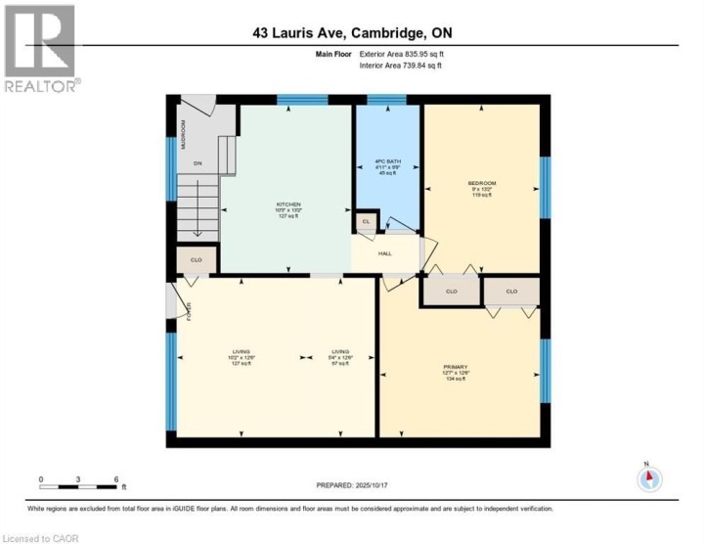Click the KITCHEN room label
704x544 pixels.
[x=287, y=204]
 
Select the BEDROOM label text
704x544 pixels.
[x=481, y=184]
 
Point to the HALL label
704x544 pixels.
[x=386, y=252]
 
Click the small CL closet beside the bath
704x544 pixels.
[x=366, y=222]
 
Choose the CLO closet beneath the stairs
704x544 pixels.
[x=196, y=261]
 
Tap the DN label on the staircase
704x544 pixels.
[x=197, y=163]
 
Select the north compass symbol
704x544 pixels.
[x=649, y=478]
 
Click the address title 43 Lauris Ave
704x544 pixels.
[x=351, y=33]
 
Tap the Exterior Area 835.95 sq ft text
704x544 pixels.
[x=401, y=55]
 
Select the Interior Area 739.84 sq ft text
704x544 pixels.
[x=401, y=66]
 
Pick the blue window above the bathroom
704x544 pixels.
[x=386, y=99]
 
